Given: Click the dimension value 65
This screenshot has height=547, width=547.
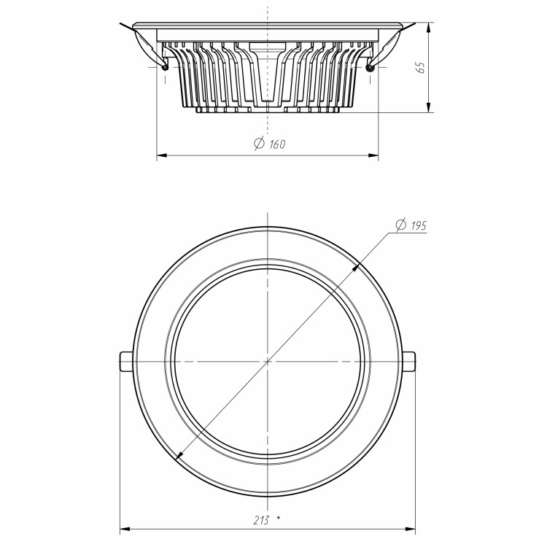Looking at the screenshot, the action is [421, 67].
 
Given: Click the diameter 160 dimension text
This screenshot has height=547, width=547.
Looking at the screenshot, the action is [270, 144].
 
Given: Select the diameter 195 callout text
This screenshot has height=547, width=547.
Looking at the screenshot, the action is [411, 225].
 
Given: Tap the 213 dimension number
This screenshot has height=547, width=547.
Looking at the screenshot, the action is [261, 520].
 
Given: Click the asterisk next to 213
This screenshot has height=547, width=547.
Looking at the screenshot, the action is [278, 518].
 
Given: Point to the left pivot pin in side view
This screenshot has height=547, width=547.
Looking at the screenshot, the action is [165, 67].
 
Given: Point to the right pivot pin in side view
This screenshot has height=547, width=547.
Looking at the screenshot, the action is [370, 67].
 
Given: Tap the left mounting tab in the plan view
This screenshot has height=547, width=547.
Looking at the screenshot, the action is [127, 362].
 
